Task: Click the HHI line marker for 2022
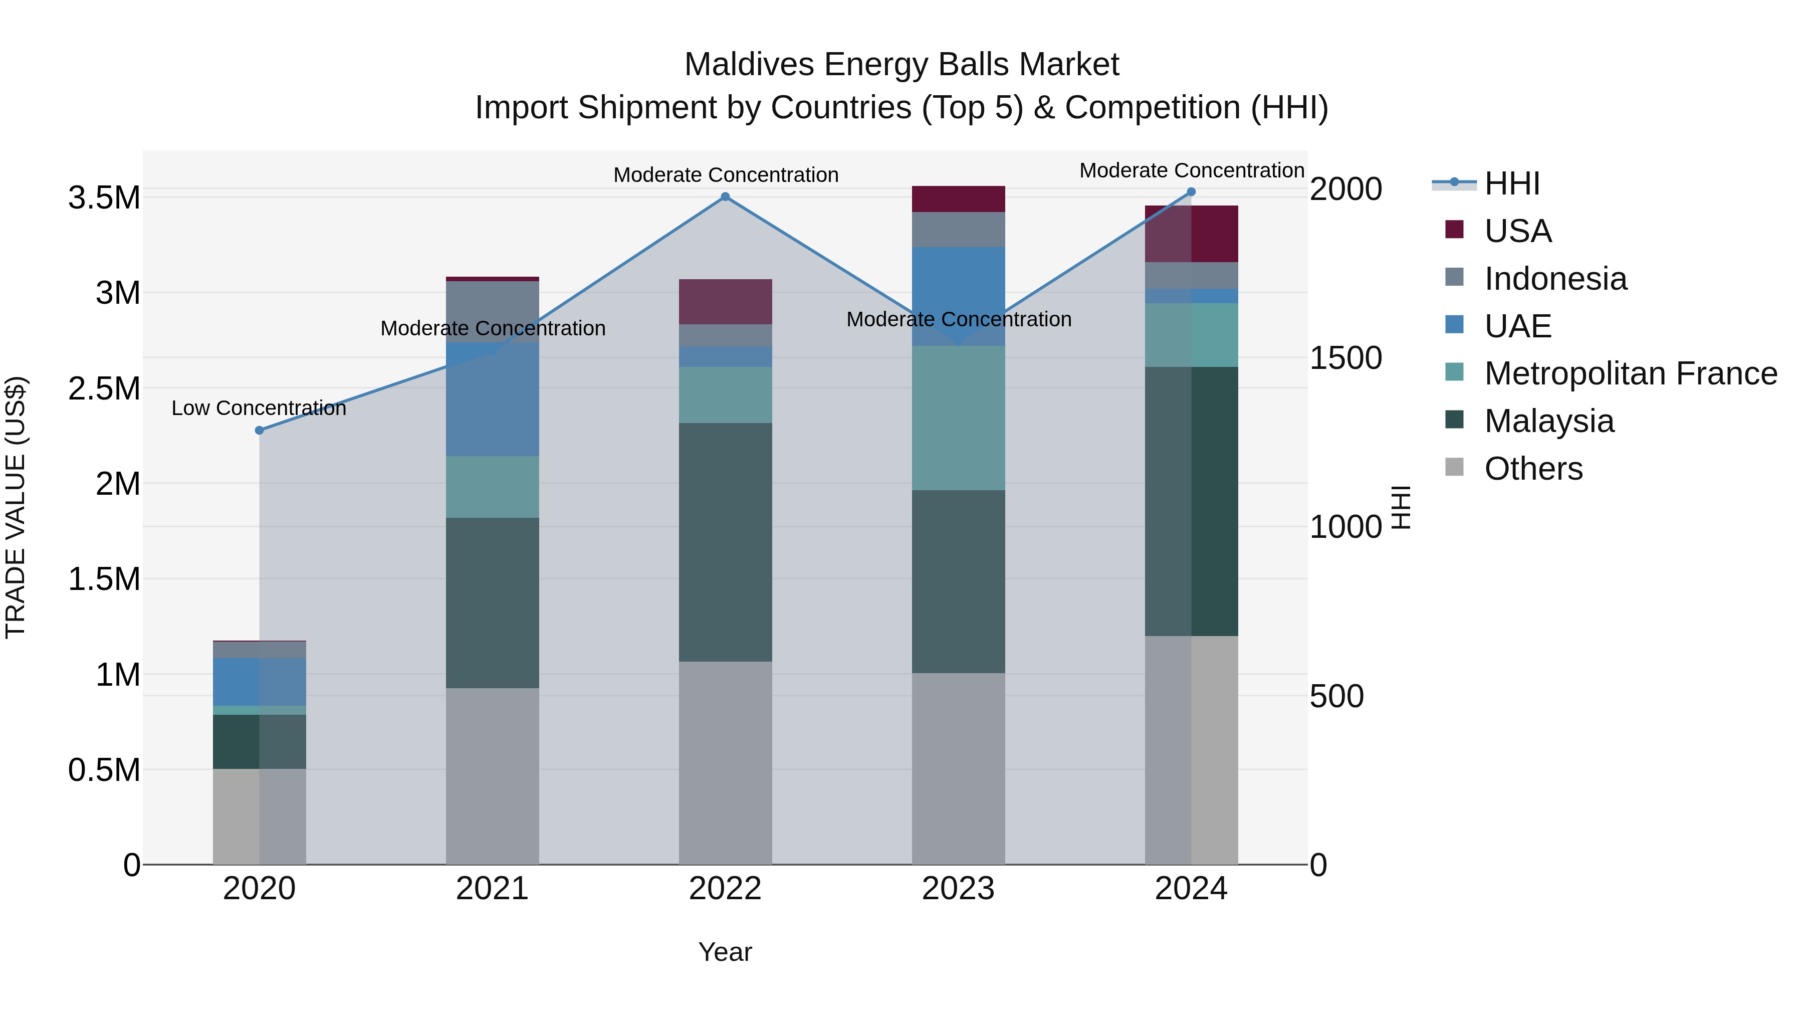click(726, 197)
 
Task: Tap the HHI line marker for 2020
click(259, 430)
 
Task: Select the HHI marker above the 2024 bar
click(1191, 192)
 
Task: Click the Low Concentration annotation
click(259, 409)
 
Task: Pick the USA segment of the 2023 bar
click(958, 199)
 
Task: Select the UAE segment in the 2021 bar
click(492, 399)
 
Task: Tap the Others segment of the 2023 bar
click(958, 768)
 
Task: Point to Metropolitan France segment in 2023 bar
click(958, 418)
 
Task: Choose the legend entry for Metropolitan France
click(1630, 373)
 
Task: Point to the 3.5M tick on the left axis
click(104, 198)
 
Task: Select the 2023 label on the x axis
click(958, 889)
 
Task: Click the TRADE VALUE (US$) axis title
click(16, 507)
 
